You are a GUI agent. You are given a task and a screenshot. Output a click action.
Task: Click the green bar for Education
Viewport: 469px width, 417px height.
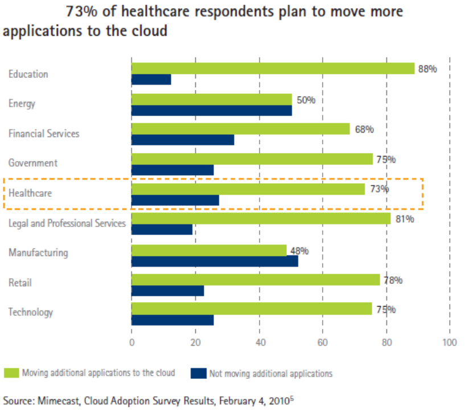pyautogui.click(x=273, y=68)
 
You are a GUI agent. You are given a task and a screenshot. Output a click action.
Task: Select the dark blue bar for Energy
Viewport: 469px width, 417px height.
pyautogui.click(x=211, y=110)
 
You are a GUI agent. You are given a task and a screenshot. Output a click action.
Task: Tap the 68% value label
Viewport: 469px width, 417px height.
pyautogui.click(x=364, y=129)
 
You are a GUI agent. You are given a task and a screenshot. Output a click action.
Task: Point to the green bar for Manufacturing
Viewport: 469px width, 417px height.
pyautogui.click(x=209, y=250)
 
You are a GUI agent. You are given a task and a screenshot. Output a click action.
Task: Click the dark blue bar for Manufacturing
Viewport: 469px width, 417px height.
pyautogui.click(x=215, y=261)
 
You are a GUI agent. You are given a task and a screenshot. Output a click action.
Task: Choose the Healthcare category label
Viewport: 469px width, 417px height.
pyautogui.click(x=30, y=193)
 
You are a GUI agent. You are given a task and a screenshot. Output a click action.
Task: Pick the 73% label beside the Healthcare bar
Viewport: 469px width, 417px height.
pyautogui.click(x=380, y=189)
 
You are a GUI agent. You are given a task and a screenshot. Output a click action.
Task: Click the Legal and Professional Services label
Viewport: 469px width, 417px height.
pyautogui.click(x=67, y=223)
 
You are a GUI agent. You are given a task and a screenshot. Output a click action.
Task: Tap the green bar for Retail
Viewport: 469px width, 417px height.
pyautogui.click(x=256, y=280)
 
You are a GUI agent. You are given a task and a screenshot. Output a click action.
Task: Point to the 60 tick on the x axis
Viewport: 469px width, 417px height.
pyautogui.click(x=323, y=342)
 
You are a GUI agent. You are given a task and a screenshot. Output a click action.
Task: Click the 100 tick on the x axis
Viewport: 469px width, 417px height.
pyautogui.click(x=450, y=342)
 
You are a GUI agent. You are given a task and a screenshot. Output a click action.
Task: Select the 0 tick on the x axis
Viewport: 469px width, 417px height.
pyautogui.click(x=131, y=342)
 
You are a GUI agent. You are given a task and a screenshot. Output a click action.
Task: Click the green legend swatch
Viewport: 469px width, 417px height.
pyautogui.click(x=11, y=373)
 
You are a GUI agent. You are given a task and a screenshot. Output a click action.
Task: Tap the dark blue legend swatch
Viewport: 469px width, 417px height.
pyautogui.click(x=198, y=373)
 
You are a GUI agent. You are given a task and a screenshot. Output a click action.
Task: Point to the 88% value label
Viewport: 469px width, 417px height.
pyautogui.click(x=427, y=69)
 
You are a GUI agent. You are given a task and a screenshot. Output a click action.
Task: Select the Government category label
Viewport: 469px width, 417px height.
pyautogui.click(x=33, y=163)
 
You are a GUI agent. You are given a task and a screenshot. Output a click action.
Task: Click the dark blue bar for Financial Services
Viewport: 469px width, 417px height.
pyautogui.click(x=183, y=140)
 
